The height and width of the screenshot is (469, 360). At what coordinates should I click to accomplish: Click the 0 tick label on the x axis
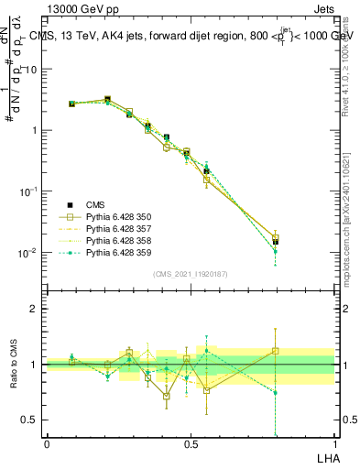coord(47,443)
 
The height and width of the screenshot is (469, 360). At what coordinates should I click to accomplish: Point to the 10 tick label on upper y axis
coord(30,70)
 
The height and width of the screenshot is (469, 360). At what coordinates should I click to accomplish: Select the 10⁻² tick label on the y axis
coord(27,252)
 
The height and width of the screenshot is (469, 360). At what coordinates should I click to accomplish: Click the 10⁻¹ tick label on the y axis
coord(27,191)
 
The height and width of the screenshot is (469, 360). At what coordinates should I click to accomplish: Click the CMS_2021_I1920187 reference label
coord(191,274)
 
